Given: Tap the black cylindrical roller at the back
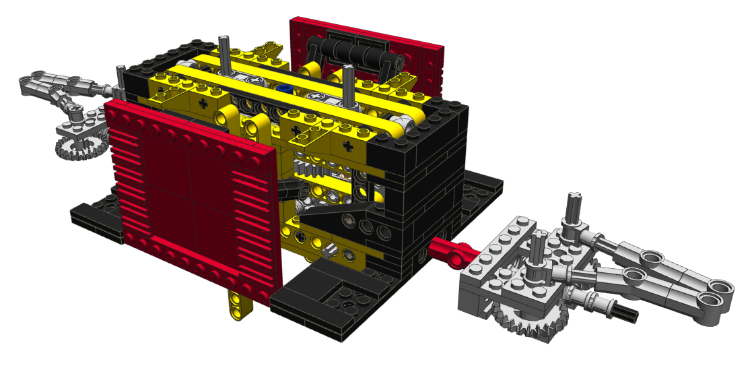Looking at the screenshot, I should (350, 51).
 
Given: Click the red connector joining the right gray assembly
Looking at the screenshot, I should (453, 249).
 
